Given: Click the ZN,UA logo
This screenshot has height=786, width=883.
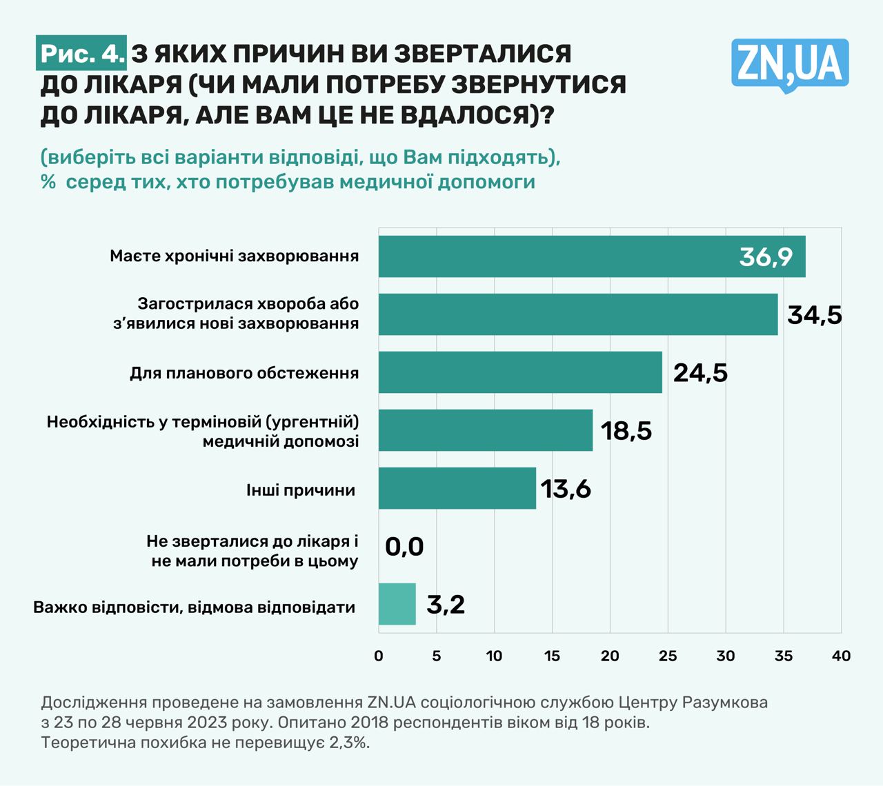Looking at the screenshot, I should coord(790,65).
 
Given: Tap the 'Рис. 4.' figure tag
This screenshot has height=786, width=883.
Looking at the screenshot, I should coord(82,54).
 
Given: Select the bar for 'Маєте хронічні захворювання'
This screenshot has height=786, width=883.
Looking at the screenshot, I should coord(591,256).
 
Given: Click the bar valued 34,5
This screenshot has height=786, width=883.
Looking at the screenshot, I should coord(577,314).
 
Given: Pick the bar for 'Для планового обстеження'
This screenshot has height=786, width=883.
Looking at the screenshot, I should coord(519,372).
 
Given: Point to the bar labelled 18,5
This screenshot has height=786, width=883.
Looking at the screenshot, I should coord(485,430).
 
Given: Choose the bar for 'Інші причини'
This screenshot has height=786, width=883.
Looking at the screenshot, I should coord(457,488).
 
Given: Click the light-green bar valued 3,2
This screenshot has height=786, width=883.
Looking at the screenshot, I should coord(397,604).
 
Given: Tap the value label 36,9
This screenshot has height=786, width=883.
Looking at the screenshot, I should coord(766,256).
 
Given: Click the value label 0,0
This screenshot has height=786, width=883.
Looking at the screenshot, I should coord(404,547).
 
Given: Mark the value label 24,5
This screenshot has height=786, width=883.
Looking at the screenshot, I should coord(700,373).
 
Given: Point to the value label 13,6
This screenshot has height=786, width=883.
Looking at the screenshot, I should coord(566,489).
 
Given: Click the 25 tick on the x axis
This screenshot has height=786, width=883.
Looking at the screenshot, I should coord(668,656).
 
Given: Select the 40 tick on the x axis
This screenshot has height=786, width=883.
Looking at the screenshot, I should coord(841,656).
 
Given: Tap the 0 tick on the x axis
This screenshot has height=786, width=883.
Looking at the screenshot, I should coord(378,656).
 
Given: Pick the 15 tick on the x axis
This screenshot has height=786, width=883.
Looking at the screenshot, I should coord(552,656).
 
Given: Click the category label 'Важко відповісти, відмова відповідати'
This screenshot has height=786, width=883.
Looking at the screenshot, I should coord(195,607).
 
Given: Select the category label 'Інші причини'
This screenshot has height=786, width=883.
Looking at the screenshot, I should coord(301,490).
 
